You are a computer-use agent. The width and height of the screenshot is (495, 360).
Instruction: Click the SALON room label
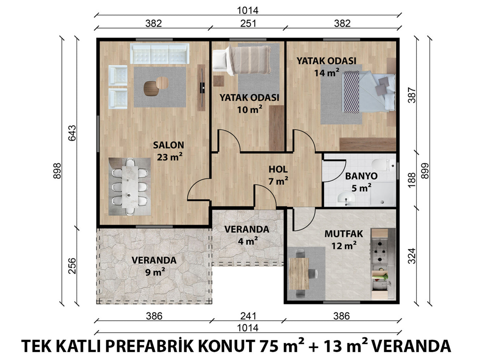[169, 145]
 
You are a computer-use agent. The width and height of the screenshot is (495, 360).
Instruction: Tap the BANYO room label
[361, 176]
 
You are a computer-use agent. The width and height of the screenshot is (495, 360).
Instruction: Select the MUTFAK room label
[344, 234]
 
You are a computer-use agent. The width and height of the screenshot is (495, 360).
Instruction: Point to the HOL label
[278, 169]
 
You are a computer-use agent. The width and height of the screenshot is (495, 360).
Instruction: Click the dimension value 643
[72, 133]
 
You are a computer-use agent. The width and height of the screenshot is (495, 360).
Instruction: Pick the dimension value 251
[248, 23]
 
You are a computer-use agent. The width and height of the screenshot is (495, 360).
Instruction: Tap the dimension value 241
[248, 316]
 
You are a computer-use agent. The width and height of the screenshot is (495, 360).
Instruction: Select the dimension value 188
[412, 180]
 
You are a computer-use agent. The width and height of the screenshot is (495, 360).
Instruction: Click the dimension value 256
[72, 266]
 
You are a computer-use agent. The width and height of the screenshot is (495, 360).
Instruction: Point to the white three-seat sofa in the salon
[160, 53]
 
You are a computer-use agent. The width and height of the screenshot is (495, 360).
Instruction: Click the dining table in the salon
[130, 187]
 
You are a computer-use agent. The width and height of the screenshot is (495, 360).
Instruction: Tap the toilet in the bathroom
[384, 165]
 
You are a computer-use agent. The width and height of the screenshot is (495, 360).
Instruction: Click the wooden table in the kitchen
[299, 274]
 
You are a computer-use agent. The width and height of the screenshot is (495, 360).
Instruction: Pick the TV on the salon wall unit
[202, 88]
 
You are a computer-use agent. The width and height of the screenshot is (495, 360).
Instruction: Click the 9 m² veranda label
[154, 266]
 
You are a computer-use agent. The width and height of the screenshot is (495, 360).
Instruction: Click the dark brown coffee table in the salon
[151, 89]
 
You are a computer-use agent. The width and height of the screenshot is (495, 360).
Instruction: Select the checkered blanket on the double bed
[350, 92]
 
